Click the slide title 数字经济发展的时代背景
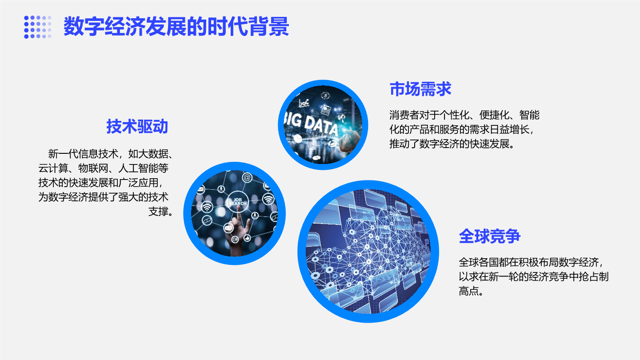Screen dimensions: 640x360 pos(176,26)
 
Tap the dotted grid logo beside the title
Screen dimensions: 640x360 pos(38,27)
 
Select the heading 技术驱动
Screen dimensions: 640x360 pos(137,126)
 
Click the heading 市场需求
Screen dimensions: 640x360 pos(420,89)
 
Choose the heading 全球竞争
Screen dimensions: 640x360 pos(490,236)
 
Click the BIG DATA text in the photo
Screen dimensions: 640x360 pos(312,125)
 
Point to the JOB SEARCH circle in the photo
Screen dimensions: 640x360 pos(237,202)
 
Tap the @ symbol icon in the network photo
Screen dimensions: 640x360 pos(247,177)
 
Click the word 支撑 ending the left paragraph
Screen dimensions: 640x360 pos(158,212)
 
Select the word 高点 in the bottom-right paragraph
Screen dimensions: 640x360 pos(469,291)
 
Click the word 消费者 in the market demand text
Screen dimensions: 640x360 pos(404,115)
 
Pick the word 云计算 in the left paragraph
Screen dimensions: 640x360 pos(53,168)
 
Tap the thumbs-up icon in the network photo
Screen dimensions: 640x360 pos(247,238)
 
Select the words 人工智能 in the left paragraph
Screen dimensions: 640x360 pos(138,168)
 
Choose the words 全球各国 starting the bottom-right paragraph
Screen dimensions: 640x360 pos(479,262)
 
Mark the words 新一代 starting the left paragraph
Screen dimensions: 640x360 pos(63,154)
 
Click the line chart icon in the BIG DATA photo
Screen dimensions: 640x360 pos(304,103)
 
